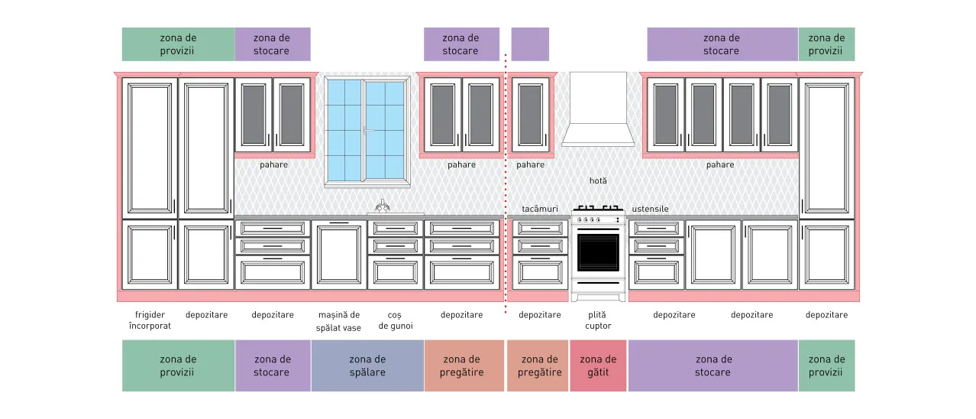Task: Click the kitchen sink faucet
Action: [382, 206]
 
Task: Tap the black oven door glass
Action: [598, 252]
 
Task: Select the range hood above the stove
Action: [598, 109]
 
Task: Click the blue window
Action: [367, 131]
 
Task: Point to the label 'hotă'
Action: [598, 180]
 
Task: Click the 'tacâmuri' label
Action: [540, 209]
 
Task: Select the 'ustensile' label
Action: [650, 209]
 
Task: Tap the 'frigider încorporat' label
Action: [150, 320]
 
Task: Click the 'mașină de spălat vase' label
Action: [338, 321]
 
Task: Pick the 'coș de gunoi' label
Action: [395, 320]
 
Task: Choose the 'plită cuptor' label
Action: [598, 320]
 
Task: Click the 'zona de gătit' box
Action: [598, 365]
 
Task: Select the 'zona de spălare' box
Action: [367, 365]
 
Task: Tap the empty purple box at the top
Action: [530, 44]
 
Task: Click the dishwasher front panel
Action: [339, 255]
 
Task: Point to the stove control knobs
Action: [589, 219]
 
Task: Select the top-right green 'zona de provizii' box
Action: [826, 44]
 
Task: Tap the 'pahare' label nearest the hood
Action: [530, 165]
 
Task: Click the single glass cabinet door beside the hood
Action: [530, 115]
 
